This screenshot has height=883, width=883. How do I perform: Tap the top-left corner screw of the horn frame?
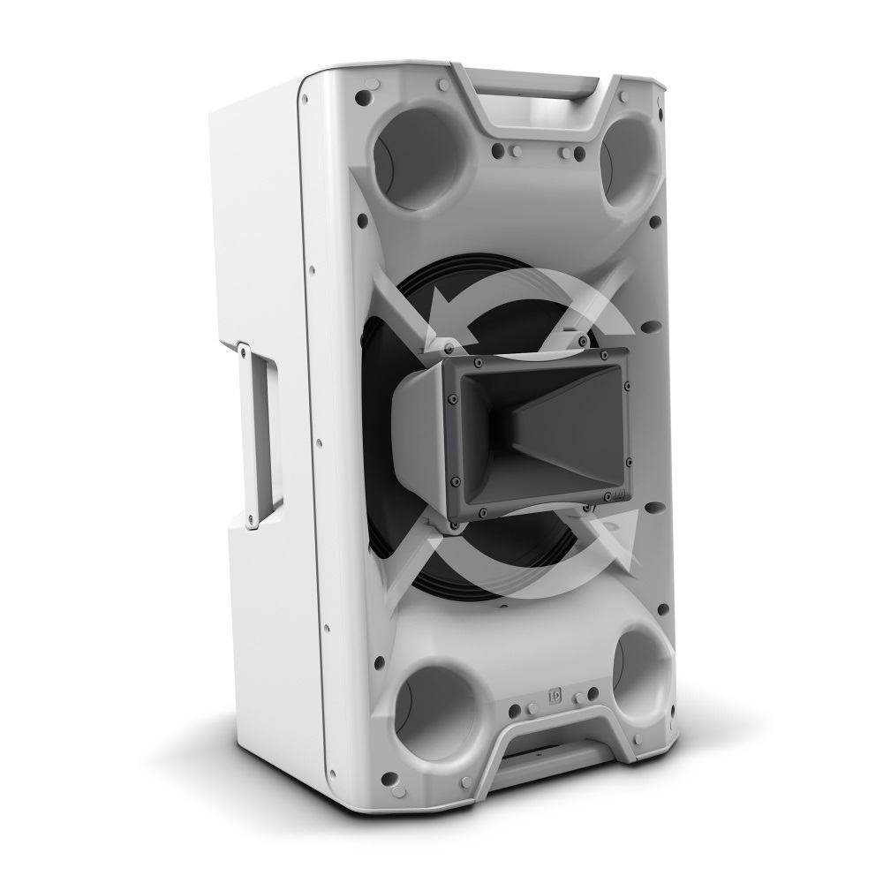point(477,362)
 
